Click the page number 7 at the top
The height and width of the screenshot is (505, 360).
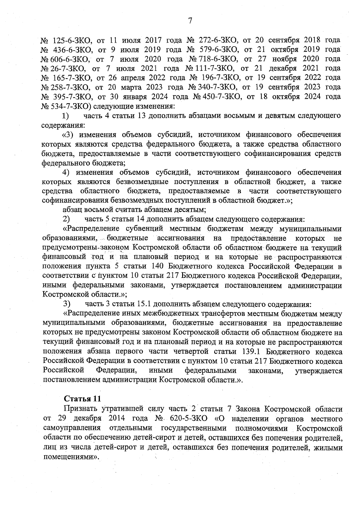190,21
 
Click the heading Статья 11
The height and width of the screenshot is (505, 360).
82,399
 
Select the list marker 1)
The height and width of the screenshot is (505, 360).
65,116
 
